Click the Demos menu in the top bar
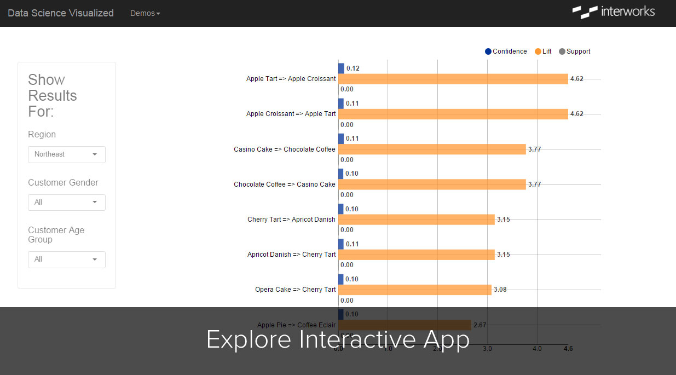[145, 13]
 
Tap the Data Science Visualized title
[61, 13]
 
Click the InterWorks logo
[613, 11]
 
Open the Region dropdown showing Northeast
[67, 154]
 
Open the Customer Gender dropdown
[67, 203]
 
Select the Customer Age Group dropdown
[67, 259]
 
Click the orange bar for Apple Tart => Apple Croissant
[453, 79]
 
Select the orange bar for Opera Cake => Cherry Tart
[415, 290]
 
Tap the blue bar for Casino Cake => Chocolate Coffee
[341, 139]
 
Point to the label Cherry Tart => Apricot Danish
[291, 220]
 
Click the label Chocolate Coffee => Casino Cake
[285, 184]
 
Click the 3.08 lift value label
[500, 290]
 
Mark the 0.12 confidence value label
[353, 68]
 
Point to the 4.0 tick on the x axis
[537, 349]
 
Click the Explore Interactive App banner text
[338, 340]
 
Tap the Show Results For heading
[53, 96]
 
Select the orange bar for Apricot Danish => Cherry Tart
[417, 255]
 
